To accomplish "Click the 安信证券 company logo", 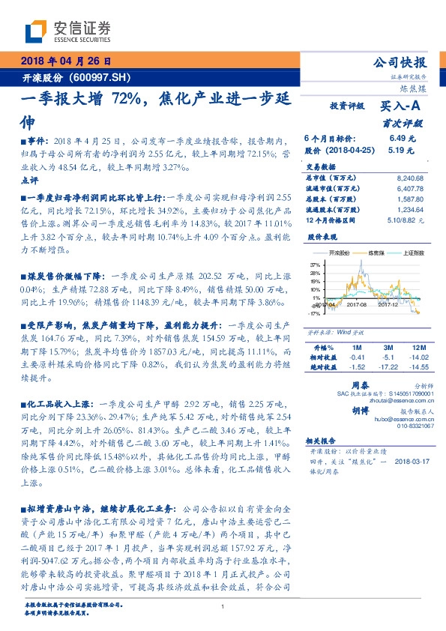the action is pos(68,31).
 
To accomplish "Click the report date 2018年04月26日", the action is pos(65,61).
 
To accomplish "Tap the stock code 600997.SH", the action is pos(103,77).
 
